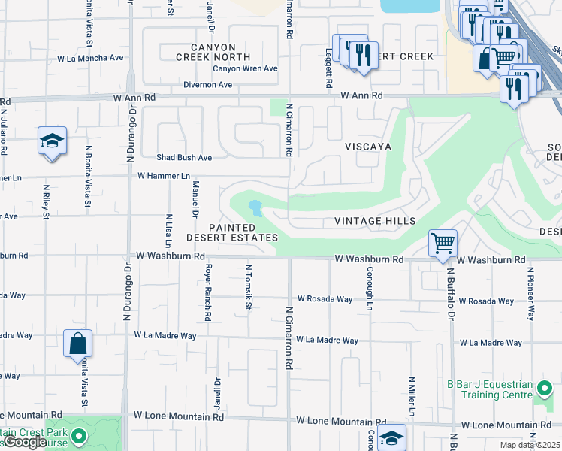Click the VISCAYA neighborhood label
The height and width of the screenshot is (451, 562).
click(x=368, y=147)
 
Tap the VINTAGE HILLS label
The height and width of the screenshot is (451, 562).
click(x=375, y=221)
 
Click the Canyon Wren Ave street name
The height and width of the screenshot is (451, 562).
click(x=245, y=68)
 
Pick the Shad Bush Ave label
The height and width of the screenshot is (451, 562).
click(x=184, y=158)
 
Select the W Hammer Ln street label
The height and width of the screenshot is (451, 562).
click(x=164, y=175)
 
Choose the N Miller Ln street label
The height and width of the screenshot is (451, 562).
click(x=412, y=396)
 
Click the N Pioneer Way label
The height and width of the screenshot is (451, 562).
click(x=530, y=293)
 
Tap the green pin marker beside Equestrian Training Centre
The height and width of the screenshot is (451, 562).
click(x=545, y=389)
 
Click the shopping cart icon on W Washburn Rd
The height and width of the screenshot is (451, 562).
click(x=443, y=243)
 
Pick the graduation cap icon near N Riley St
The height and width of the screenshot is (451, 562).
click(x=52, y=141)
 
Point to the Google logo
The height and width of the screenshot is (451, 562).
click(x=26, y=442)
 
